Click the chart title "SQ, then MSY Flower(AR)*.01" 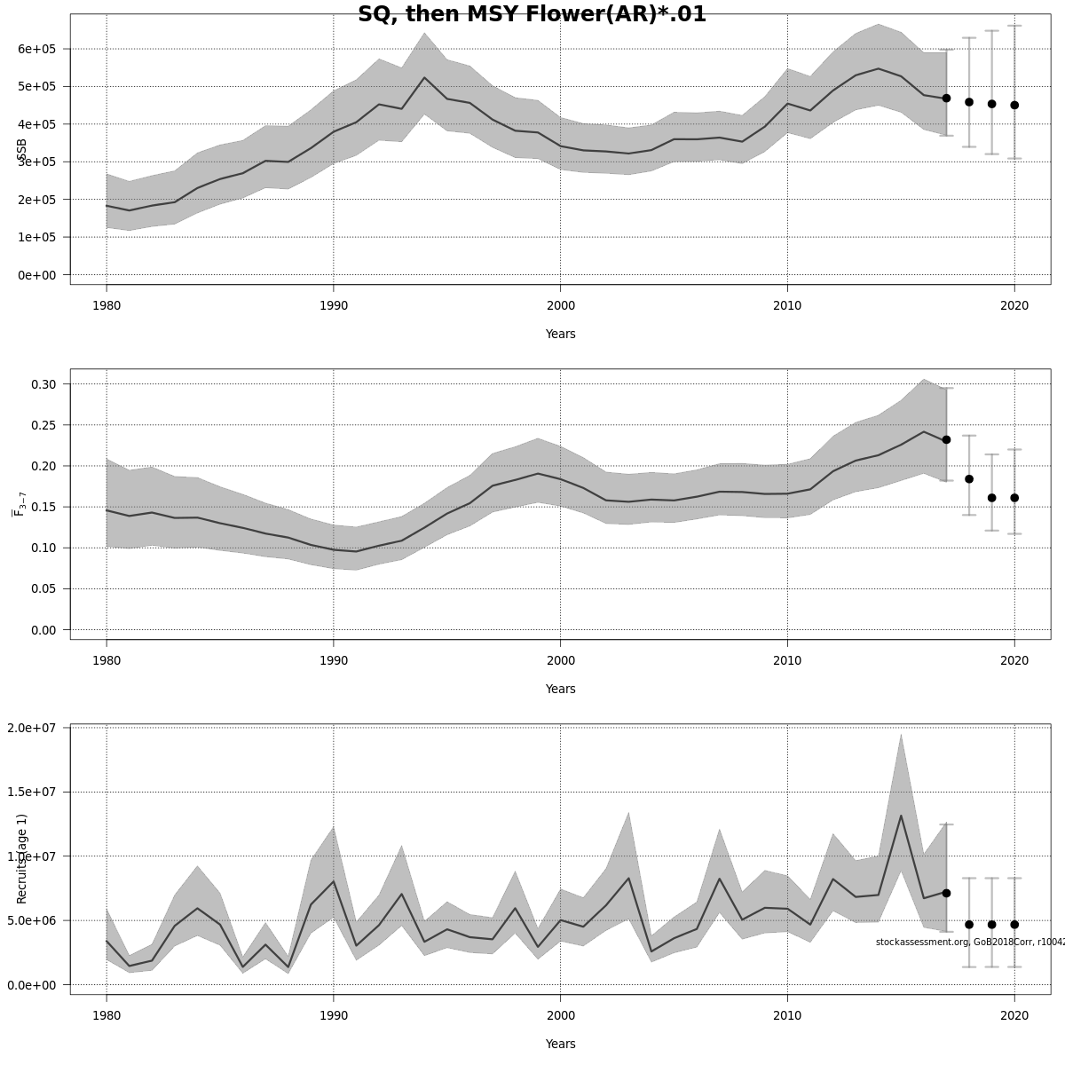tap(532, 14)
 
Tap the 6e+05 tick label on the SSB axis tap(37, 49)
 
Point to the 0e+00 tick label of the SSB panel tap(37, 275)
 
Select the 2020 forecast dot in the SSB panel tap(1014, 105)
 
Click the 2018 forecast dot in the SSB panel tap(969, 102)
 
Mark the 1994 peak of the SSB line tap(424, 78)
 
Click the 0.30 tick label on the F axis tap(43, 384)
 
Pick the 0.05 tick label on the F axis tap(43, 588)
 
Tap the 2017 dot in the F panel tap(946, 439)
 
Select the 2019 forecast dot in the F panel tap(991, 498)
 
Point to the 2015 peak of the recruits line tap(901, 816)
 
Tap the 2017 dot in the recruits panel tap(946, 893)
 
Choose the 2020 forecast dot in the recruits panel tap(1014, 924)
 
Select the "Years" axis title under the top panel tap(560, 334)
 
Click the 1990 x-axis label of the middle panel tap(333, 660)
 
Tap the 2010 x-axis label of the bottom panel tap(786, 1015)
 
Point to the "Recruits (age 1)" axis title tap(22, 858)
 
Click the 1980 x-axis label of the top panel tap(106, 305)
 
